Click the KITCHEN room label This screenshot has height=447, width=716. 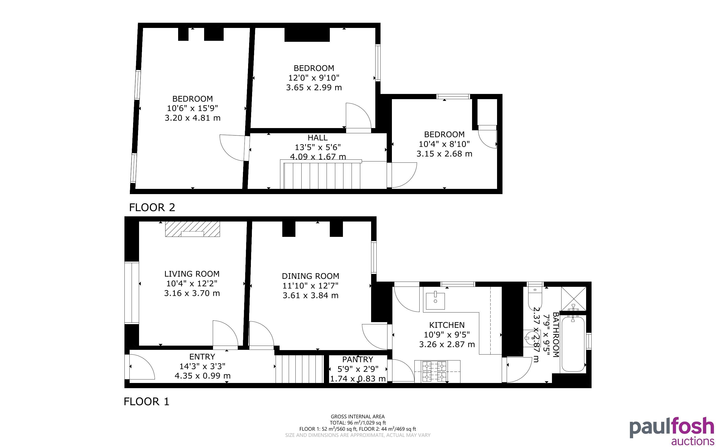tap(447, 325)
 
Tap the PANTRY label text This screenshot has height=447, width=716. tap(358, 359)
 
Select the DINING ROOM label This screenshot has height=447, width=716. tap(310, 276)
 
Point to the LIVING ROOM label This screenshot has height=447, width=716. tap(192, 274)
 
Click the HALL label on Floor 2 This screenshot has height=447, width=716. tap(318, 138)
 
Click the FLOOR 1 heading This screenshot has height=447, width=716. tap(146, 402)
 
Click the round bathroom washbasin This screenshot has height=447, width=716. tap(532, 338)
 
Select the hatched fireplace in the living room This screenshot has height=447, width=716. tap(192, 229)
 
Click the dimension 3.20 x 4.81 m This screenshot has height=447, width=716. tap(192, 118)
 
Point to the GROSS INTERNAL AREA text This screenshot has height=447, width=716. tap(358, 417)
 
